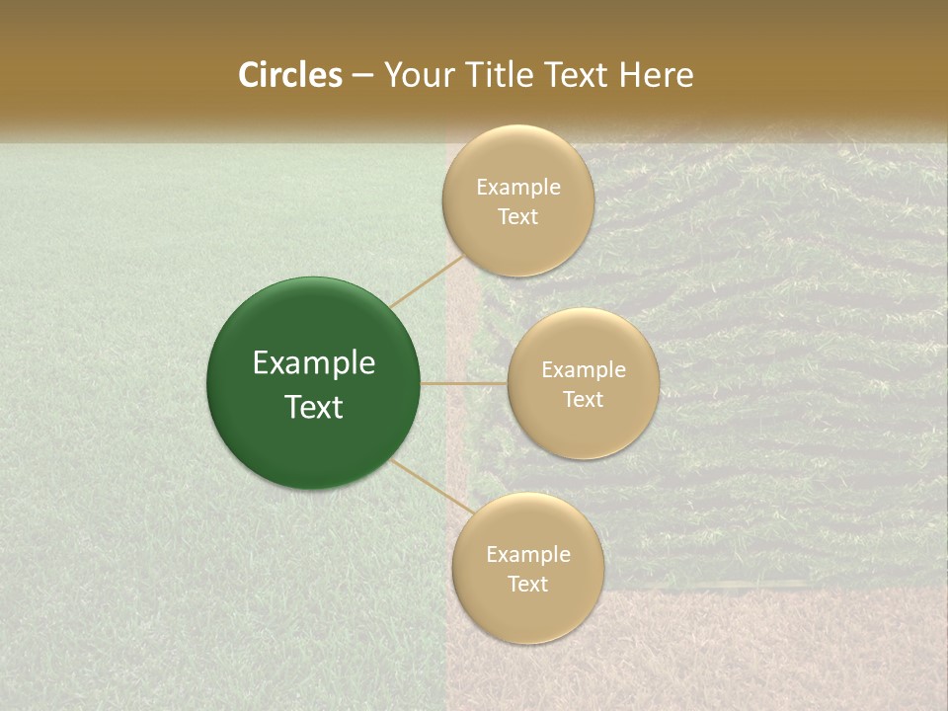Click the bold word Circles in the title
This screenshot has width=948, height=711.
click(289, 75)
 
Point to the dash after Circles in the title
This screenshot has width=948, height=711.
click(362, 76)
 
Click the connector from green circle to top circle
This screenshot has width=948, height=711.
click(427, 280)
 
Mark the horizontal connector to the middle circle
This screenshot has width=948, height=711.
click(464, 383)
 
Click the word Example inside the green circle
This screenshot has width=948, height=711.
click(314, 363)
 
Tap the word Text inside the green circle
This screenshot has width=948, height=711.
click(314, 407)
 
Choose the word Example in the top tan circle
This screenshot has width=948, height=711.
click(517, 188)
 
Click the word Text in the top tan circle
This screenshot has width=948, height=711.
click(517, 217)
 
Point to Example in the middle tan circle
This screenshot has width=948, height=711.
click(583, 370)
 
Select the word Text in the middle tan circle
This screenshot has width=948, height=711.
click(583, 400)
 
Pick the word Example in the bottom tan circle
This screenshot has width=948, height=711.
click(527, 555)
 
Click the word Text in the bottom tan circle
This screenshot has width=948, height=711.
click(527, 585)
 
